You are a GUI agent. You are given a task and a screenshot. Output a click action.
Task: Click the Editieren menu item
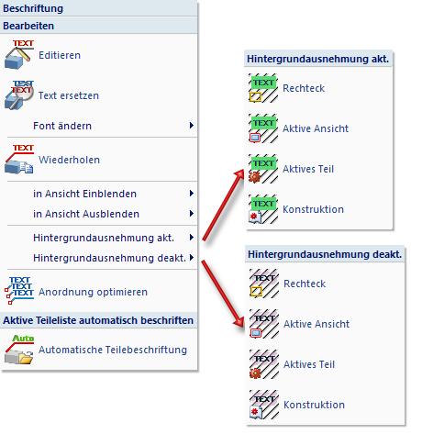point(60,55)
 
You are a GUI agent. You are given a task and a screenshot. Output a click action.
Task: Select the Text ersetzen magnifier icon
point(18,95)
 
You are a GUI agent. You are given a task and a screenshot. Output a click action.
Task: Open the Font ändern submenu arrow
point(192,125)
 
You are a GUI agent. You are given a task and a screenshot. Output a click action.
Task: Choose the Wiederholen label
point(69,160)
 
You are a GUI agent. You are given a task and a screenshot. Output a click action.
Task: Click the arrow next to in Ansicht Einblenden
point(192,193)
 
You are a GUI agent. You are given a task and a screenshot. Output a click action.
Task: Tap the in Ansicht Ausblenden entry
point(86,214)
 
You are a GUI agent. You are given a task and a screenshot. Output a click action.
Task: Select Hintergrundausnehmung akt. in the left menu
point(104,238)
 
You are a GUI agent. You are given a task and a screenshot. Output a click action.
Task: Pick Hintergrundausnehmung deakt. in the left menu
point(109,258)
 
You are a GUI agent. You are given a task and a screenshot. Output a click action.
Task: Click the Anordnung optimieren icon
point(19,291)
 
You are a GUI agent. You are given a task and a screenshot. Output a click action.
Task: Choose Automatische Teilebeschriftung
point(113,350)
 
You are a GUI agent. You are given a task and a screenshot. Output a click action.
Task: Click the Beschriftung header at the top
point(33,8)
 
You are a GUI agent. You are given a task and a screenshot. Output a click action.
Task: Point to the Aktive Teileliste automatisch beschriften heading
point(98,320)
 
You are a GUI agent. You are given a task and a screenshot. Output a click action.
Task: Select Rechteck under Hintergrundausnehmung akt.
point(304,88)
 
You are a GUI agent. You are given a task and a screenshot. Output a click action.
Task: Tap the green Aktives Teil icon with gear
point(263,169)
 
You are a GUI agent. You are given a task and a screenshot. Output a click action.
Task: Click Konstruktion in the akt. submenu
point(313,209)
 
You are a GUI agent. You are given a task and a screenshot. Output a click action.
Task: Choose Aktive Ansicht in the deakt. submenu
point(316,324)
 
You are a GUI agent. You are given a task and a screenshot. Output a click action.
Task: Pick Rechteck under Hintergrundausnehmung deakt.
point(305,284)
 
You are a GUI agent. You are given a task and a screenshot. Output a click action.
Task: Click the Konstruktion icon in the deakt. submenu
point(264,405)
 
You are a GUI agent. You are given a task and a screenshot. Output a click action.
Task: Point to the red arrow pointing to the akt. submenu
point(223,205)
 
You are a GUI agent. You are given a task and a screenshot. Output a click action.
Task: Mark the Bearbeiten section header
point(28,26)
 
